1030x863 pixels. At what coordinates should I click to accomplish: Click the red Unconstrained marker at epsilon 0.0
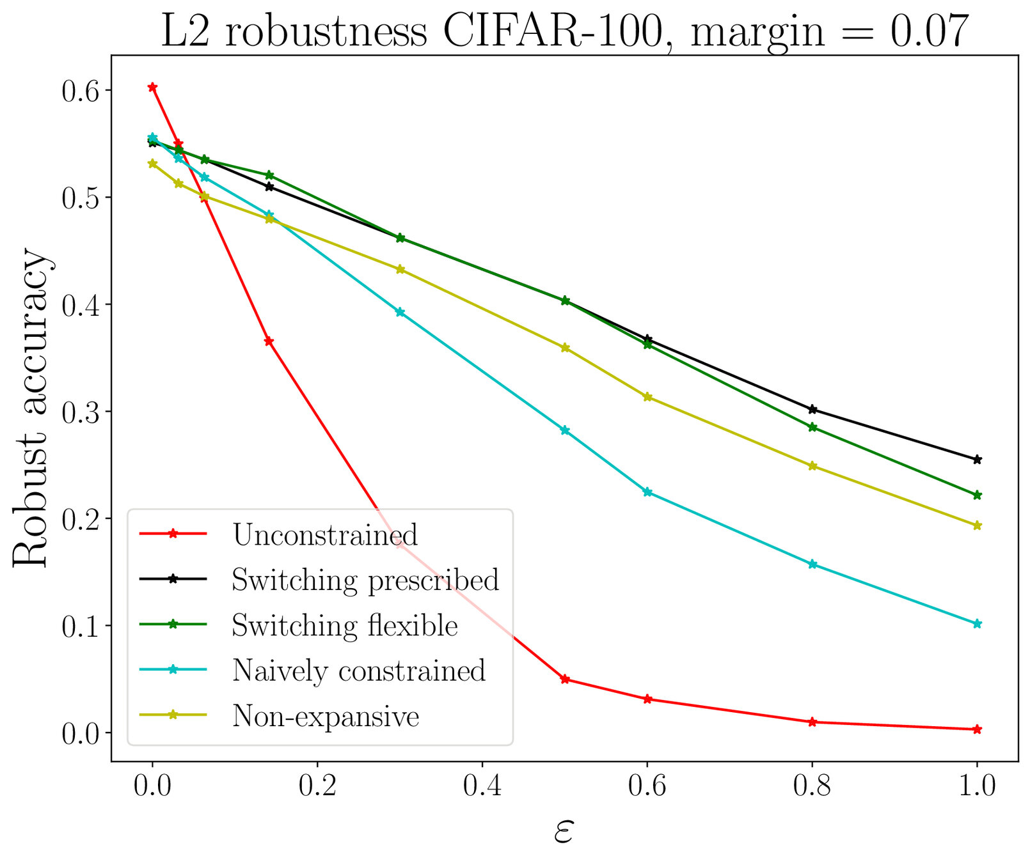152,87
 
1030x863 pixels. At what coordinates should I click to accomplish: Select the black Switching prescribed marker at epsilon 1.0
977,460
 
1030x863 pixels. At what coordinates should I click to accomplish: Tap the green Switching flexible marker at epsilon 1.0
977,495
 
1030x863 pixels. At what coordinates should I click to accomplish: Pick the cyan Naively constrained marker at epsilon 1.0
977,624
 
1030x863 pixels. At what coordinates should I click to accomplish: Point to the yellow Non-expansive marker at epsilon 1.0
977,526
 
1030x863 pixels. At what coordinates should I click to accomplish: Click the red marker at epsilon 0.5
565,679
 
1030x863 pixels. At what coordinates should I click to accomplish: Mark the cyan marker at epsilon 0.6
647,492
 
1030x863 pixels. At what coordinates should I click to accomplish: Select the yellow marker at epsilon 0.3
400,269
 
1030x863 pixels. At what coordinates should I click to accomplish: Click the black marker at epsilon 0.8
812,409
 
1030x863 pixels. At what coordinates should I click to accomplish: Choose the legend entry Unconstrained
325,535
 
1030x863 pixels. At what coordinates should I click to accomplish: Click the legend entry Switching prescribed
365,580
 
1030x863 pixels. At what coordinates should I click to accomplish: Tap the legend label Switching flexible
344,626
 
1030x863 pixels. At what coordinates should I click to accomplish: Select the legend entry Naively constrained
358,671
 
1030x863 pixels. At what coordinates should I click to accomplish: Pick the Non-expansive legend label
325,716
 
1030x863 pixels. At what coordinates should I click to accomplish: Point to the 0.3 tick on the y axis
81,412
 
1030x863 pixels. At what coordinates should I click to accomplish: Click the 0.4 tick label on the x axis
482,786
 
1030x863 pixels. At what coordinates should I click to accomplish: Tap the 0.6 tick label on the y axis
81,91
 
